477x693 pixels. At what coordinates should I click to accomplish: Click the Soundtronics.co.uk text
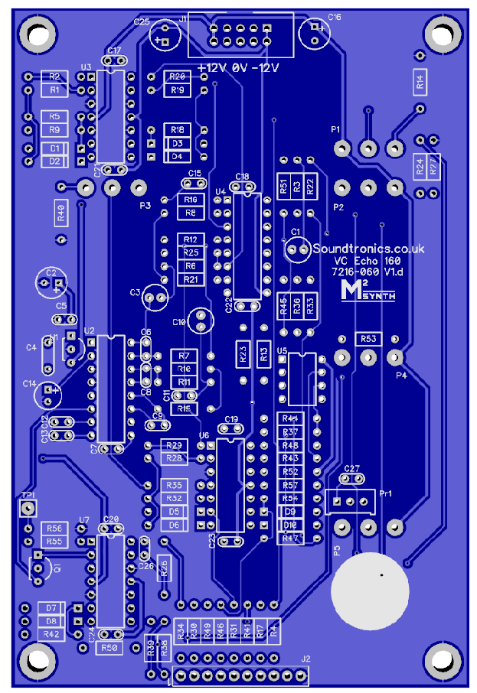point(368,249)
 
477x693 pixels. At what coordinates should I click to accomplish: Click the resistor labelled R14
point(420,81)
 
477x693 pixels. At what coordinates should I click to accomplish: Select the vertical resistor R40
point(61,213)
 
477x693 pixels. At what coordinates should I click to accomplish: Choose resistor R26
point(164,567)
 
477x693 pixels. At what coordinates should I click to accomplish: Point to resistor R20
point(178,77)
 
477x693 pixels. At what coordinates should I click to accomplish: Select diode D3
point(177,143)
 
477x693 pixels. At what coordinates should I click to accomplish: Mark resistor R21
point(191,279)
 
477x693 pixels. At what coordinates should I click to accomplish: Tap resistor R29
point(174,445)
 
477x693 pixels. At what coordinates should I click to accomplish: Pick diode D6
point(175,525)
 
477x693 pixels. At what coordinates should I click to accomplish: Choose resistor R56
point(54,529)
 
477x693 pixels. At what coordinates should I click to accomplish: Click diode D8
point(51,621)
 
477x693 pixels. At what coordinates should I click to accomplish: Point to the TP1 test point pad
point(28,508)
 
